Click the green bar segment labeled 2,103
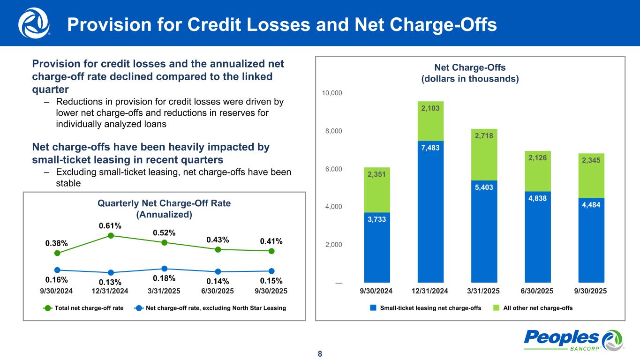click(x=430, y=121)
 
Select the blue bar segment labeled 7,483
click(x=430, y=211)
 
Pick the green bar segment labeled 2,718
click(x=484, y=155)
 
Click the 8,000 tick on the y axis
click(x=333, y=131)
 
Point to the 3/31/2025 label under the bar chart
click(x=484, y=291)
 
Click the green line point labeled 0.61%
click(x=111, y=235)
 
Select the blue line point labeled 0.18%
click(x=165, y=269)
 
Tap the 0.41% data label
click(x=271, y=241)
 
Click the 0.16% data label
click(x=57, y=280)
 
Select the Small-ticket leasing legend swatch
click(x=373, y=308)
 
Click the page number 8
click(x=320, y=353)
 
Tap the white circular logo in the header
click(x=34, y=23)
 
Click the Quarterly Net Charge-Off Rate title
click(x=164, y=209)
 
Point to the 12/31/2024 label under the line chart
click(x=111, y=291)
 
